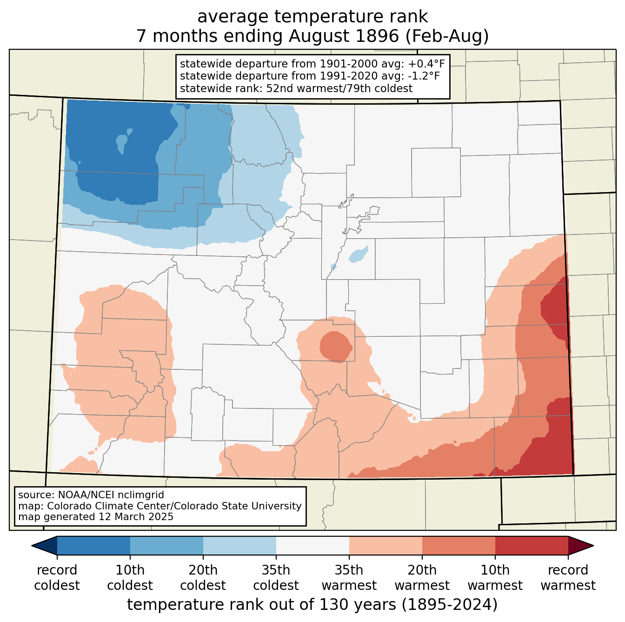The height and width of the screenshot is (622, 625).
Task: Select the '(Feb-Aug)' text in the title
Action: (447, 36)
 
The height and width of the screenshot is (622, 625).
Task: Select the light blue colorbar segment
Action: (239, 546)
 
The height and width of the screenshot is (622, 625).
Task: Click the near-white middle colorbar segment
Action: (312, 546)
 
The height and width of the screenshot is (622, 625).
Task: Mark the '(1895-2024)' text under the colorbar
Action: (450, 604)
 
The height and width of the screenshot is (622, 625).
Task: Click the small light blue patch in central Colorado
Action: (359, 254)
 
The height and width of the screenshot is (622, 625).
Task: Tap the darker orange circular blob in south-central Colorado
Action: (336, 347)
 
